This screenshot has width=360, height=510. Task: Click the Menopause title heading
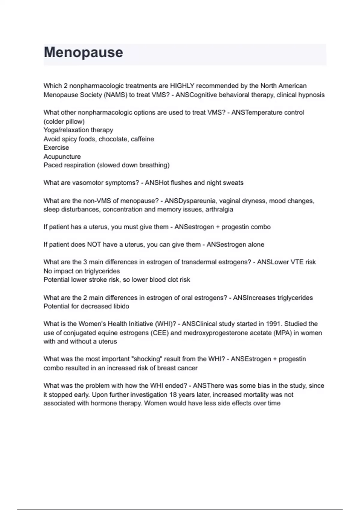point(83,52)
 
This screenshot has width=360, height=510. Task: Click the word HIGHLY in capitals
point(182,86)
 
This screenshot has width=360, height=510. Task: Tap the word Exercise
point(56,148)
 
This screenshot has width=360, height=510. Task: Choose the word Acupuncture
point(62,157)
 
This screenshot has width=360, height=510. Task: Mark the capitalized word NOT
point(94,244)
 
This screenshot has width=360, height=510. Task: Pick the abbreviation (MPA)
point(283,333)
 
